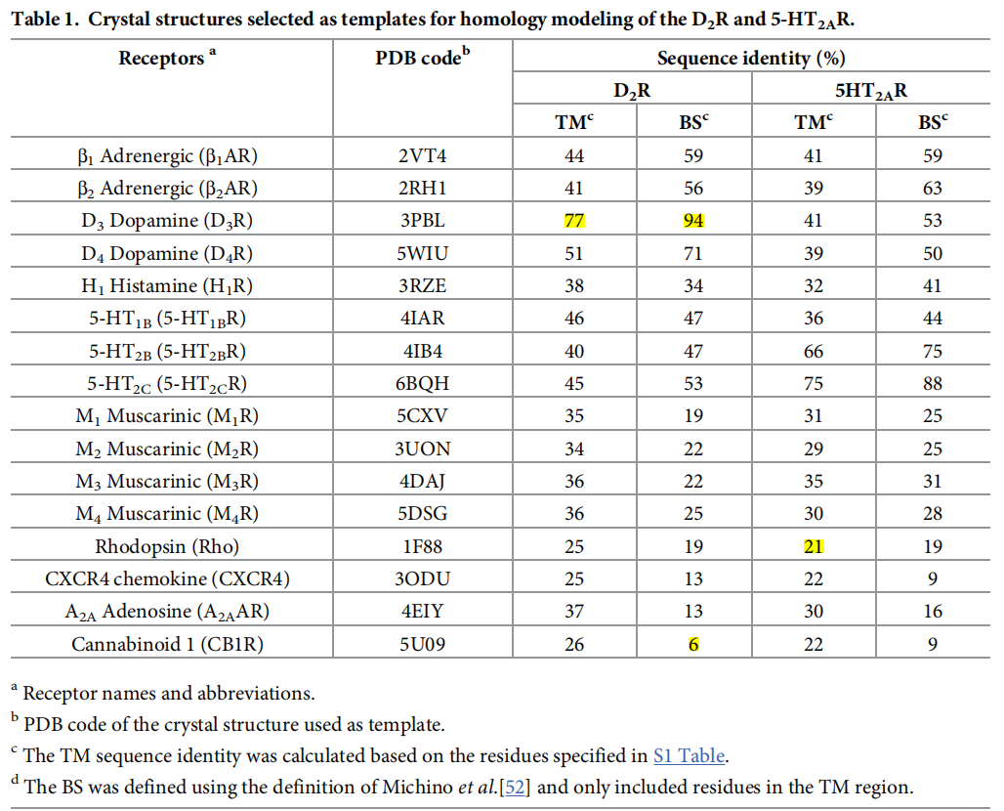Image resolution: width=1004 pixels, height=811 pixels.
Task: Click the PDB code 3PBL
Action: click(423, 221)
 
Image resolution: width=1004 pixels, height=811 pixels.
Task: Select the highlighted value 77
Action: click(573, 221)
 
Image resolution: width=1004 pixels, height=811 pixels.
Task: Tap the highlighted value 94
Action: click(692, 221)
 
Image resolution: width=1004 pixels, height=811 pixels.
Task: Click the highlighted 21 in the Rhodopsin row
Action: click(813, 547)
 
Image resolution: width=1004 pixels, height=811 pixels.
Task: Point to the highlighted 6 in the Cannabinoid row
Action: click(692, 645)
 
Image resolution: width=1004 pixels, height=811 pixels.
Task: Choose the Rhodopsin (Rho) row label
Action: click(167, 547)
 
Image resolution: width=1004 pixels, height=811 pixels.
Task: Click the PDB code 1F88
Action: click(423, 547)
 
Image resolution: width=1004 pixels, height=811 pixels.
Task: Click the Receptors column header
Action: click(166, 58)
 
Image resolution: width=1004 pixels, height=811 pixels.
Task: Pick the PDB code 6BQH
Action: click(423, 384)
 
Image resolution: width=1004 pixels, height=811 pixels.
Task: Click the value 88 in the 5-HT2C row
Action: click(932, 384)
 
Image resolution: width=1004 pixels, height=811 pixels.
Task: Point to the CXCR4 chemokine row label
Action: click(167, 579)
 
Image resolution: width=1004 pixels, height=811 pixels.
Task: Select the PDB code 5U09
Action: click(423, 645)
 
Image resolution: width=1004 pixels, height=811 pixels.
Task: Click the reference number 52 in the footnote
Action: click(516, 787)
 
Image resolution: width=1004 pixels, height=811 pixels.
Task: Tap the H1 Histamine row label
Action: click(167, 286)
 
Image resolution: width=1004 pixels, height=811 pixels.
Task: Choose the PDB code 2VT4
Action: click(423, 155)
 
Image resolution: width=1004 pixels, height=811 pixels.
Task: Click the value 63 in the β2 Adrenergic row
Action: click(932, 189)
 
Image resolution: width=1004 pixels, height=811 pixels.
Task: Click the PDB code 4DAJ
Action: click(423, 482)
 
